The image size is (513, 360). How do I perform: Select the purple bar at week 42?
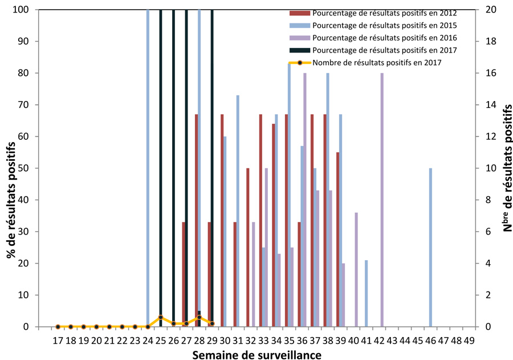382,200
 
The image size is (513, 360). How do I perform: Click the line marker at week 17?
58,327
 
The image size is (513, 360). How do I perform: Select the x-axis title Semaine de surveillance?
256,354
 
